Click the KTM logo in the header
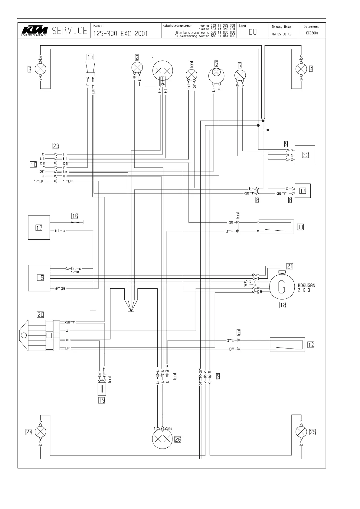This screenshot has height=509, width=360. click(34, 31)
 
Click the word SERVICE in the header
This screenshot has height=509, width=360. click(70, 31)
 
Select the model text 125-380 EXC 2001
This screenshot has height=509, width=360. click(120, 34)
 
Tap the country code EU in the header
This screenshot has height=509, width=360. click(253, 32)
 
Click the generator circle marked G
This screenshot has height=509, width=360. click(282, 286)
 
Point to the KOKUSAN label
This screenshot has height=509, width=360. click(306, 285)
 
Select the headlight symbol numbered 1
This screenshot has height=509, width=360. click(162, 71)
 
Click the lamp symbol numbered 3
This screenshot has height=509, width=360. click(41, 69)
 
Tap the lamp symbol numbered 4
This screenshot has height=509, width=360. click(301, 69)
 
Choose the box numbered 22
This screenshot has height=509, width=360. click(305, 155)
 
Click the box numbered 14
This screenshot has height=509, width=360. click(303, 191)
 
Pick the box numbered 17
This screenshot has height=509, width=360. click(39, 227)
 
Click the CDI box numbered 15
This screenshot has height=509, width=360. click(39, 278)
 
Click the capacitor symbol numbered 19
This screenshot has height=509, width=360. click(102, 389)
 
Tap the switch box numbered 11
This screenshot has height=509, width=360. click(276, 227)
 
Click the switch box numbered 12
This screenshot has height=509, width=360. click(287, 345)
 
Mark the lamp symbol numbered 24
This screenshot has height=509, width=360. click(41, 432)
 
